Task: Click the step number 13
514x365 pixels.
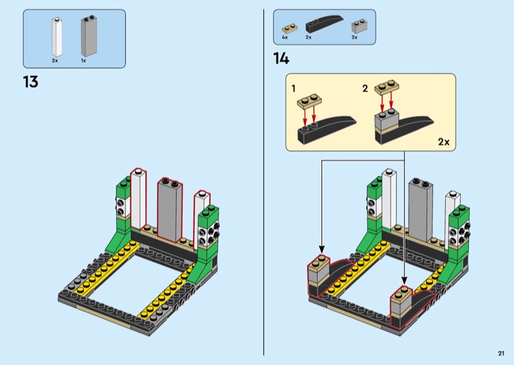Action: click(x=30, y=82)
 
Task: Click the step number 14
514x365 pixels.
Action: click(x=281, y=59)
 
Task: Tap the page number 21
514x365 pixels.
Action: click(x=501, y=353)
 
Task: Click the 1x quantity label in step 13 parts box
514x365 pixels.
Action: click(x=84, y=60)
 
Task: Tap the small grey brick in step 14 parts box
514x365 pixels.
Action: click(x=357, y=27)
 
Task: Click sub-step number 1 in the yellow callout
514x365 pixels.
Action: click(x=294, y=87)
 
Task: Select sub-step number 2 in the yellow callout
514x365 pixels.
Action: click(x=365, y=88)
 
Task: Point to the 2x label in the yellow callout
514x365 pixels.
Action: click(x=443, y=141)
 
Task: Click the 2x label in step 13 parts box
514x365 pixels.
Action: click(x=55, y=60)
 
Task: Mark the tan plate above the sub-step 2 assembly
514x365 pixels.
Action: click(x=387, y=87)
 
